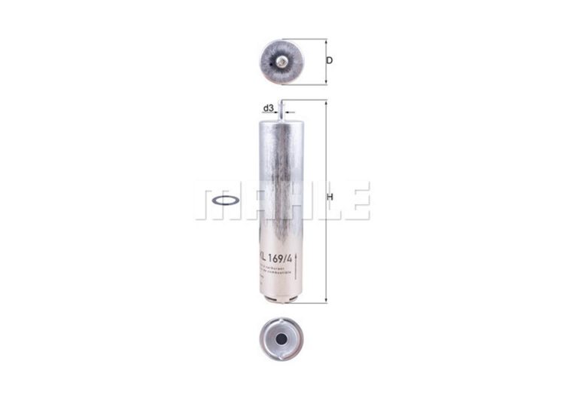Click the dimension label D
329,61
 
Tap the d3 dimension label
268,109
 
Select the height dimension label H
332,199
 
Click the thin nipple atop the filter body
281,109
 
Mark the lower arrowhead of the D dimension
326,81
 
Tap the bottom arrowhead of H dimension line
326,299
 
